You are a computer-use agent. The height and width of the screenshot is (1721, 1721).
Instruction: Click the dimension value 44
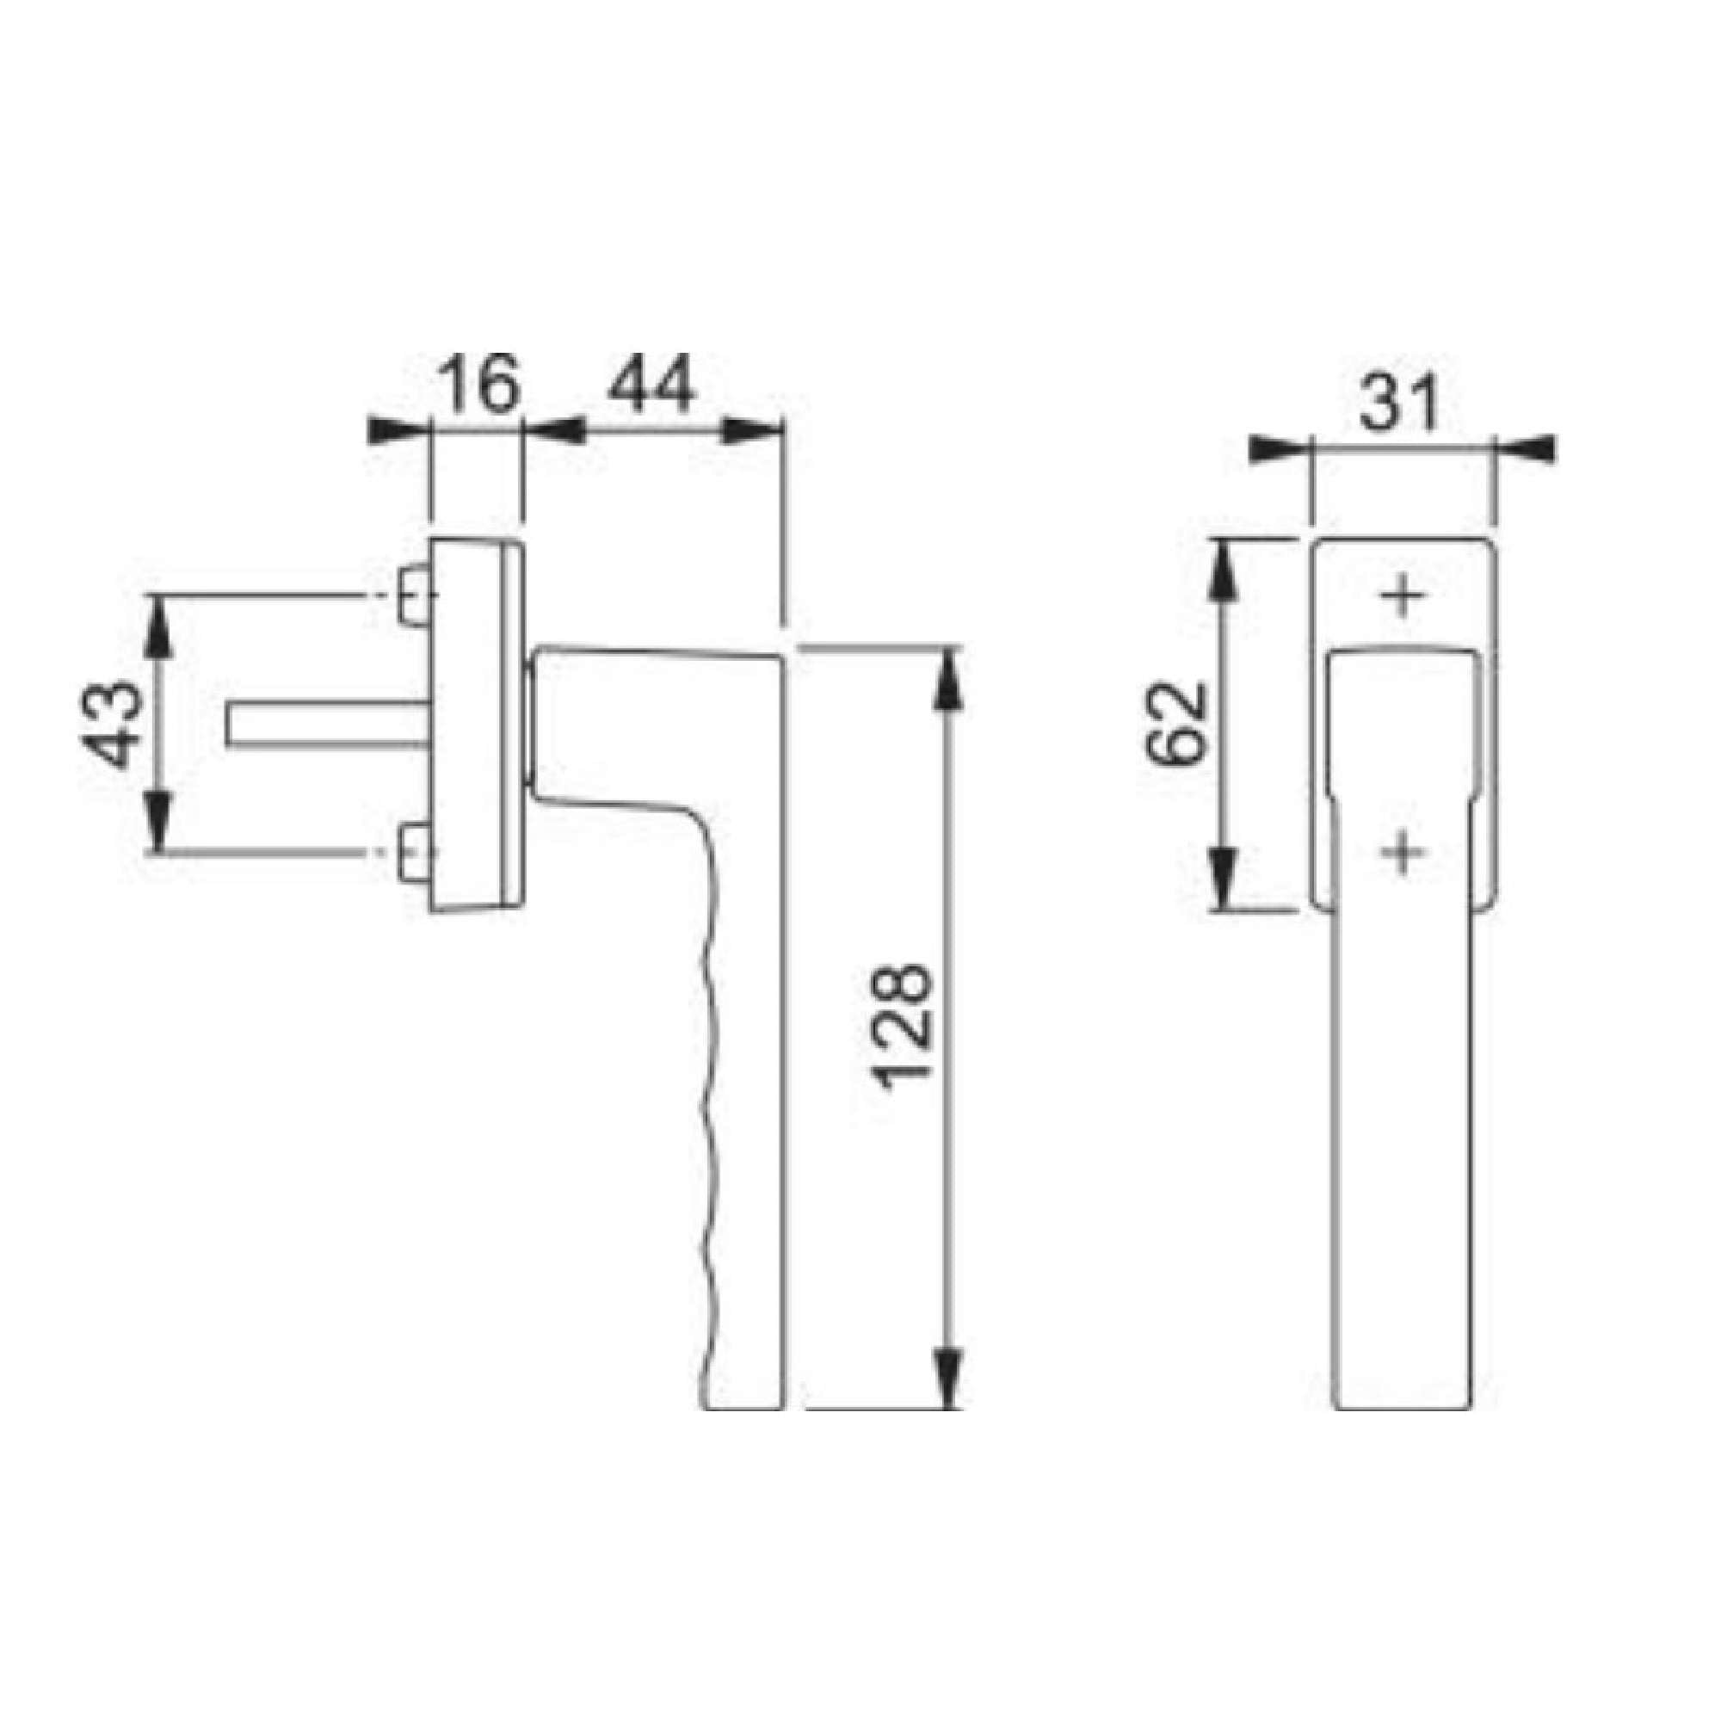tap(650, 384)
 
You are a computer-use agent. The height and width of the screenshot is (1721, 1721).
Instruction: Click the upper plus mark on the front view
tap(1403, 595)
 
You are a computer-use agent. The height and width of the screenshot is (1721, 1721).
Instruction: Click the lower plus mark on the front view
tap(1403, 853)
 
